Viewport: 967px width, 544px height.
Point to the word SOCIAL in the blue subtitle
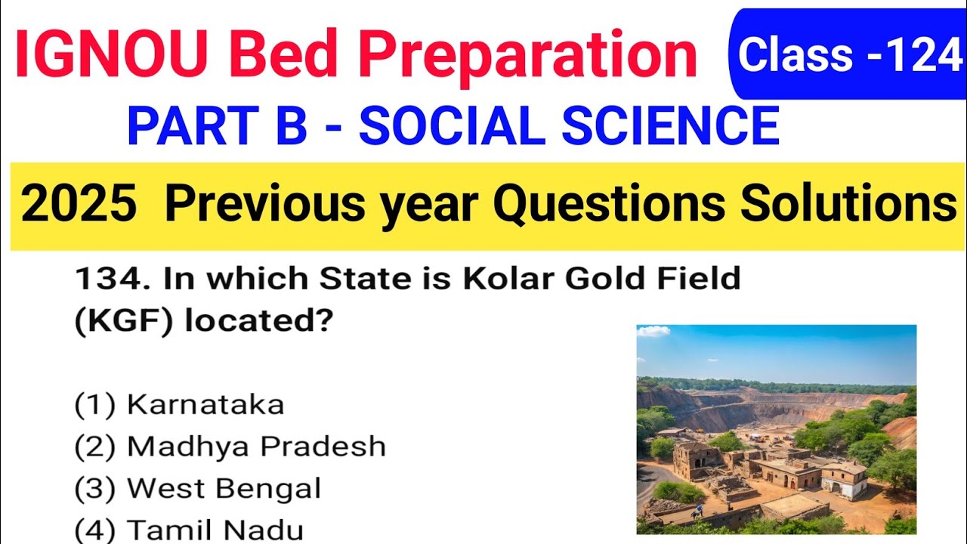[x=452, y=126]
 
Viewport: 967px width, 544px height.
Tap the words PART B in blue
[x=218, y=126]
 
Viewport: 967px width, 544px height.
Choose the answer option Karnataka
[x=205, y=405]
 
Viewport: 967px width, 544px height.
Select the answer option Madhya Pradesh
[x=256, y=447]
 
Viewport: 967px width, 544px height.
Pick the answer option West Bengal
[x=224, y=488]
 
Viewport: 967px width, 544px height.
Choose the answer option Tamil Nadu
[x=215, y=529]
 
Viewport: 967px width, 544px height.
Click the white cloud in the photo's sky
[x=653, y=331]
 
